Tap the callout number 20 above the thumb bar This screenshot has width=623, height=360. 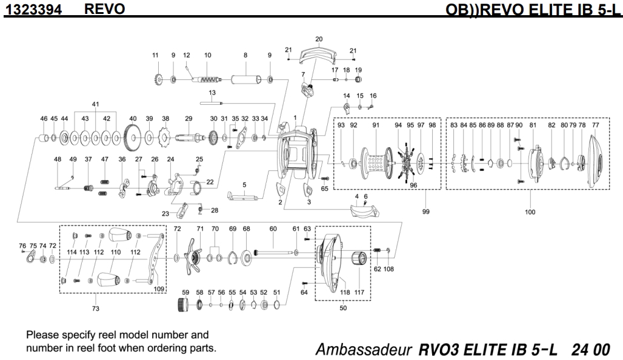319,39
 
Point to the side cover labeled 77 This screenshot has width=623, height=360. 596,159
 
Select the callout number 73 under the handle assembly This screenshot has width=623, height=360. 96,309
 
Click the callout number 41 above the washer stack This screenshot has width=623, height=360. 95,104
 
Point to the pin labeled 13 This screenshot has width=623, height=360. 212,102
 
